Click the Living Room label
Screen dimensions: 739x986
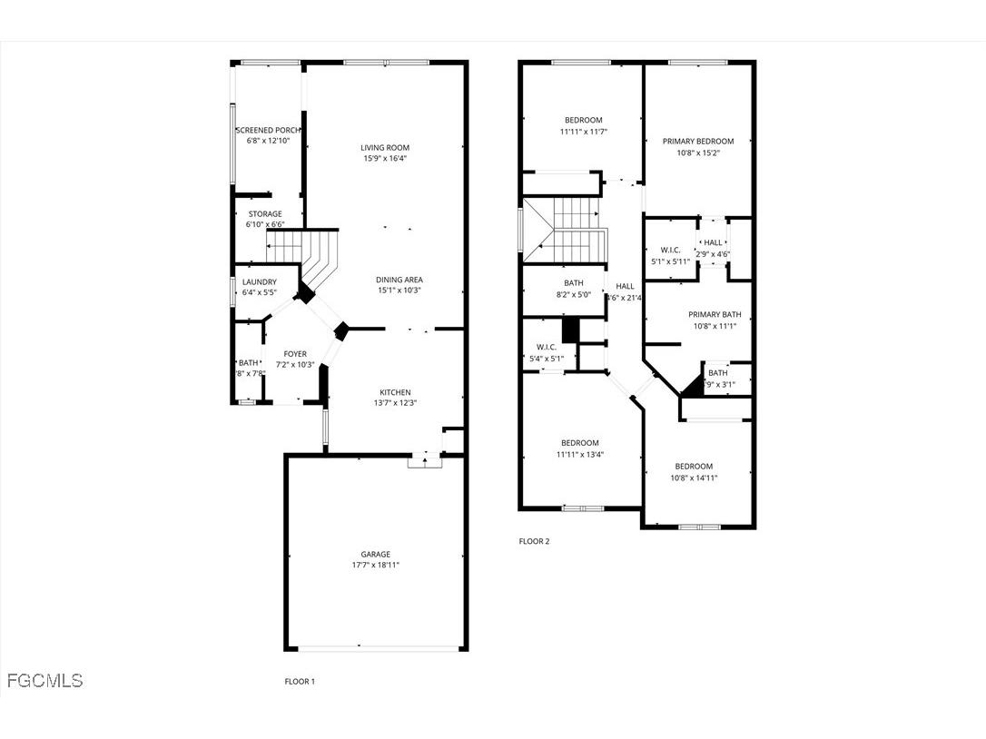385,147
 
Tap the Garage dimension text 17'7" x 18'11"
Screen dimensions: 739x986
376,565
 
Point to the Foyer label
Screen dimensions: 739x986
295,354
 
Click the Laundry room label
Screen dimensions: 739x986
259,282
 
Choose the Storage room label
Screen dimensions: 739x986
265,214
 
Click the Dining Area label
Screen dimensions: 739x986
399,280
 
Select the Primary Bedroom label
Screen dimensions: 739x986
697,142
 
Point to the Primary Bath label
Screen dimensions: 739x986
715,315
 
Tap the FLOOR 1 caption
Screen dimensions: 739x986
300,682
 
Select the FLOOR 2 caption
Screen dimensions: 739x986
534,542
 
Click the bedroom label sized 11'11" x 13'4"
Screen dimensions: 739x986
579,443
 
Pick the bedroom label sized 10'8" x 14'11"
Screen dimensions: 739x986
694,467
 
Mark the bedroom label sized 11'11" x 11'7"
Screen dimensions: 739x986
583,121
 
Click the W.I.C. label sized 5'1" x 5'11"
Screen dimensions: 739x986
670,251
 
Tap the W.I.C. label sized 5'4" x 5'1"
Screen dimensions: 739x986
546,347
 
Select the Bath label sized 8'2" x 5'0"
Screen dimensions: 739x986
574,283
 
